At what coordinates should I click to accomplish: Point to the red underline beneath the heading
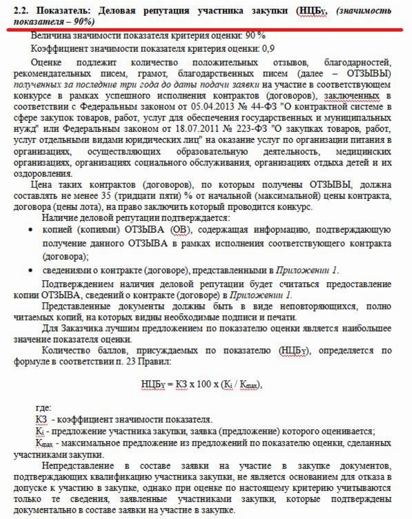point(206,30)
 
